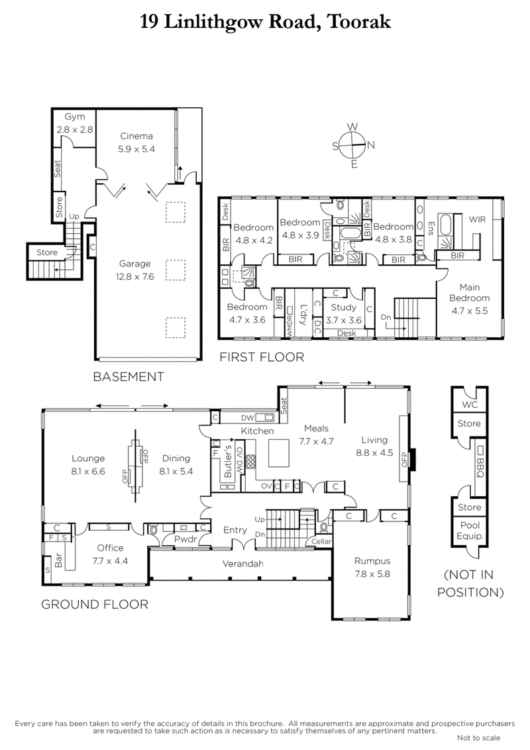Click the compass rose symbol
[x=353, y=145]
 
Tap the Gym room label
[x=75, y=121]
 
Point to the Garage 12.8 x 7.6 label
[x=136, y=270]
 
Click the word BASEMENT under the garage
[x=128, y=377]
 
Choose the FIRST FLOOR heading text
[x=261, y=358]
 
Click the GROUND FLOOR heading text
[x=94, y=604]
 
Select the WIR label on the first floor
[x=478, y=218]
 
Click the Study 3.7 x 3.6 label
[x=343, y=313]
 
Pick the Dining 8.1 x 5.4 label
[x=174, y=464]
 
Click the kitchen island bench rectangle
[x=279, y=456]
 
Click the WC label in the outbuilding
[x=470, y=403]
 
